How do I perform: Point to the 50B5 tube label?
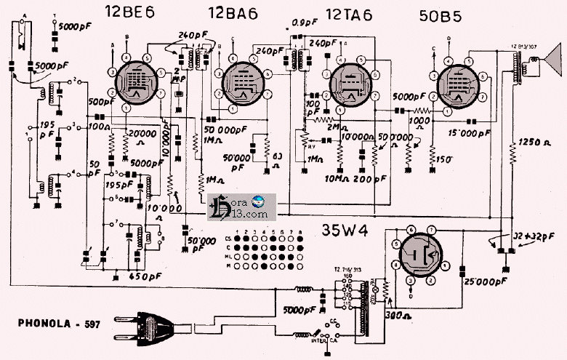coord(443,15)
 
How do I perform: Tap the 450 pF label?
coord(145,276)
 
